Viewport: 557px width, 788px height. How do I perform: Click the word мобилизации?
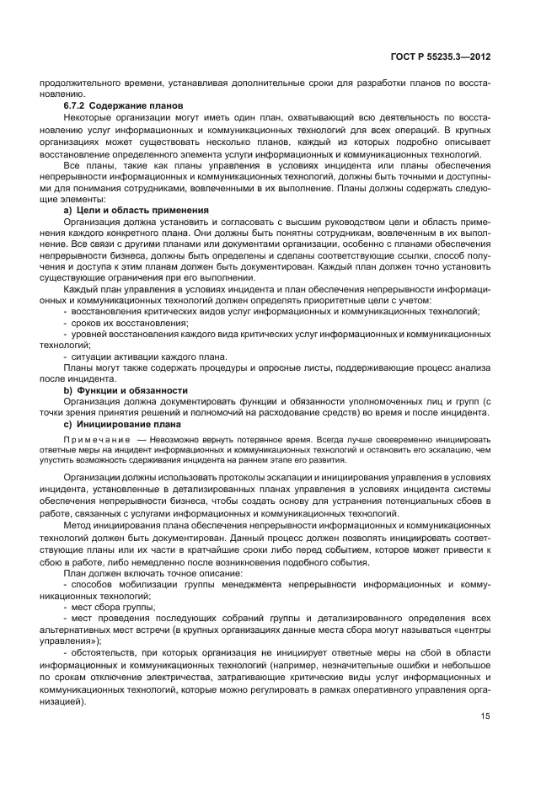point(153,582)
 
